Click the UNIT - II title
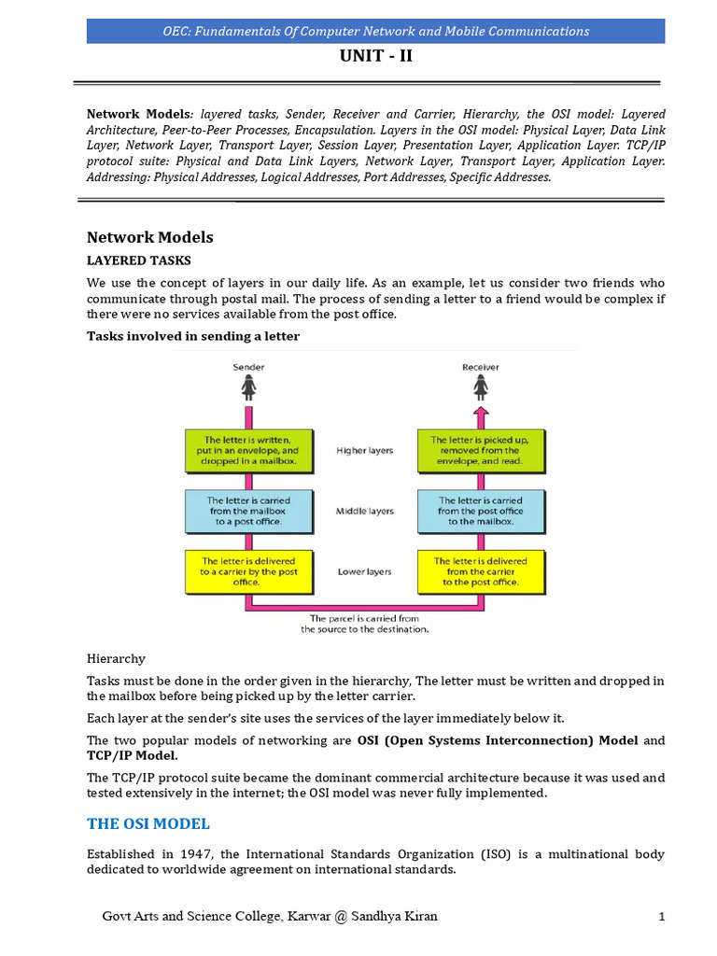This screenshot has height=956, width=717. [373, 56]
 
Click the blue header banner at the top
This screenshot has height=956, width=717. [375, 31]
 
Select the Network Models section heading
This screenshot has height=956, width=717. [149, 237]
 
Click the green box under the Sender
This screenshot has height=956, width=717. [247, 450]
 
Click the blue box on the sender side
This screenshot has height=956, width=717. [247, 512]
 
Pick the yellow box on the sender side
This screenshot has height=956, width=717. [247, 571]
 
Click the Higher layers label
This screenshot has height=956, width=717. [364, 450]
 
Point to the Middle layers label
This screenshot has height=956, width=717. [364, 512]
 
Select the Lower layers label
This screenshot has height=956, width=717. [364, 571]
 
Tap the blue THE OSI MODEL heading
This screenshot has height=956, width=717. [148, 823]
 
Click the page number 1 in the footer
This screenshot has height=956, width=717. [661, 917]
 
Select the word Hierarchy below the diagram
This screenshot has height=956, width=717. [116, 659]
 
